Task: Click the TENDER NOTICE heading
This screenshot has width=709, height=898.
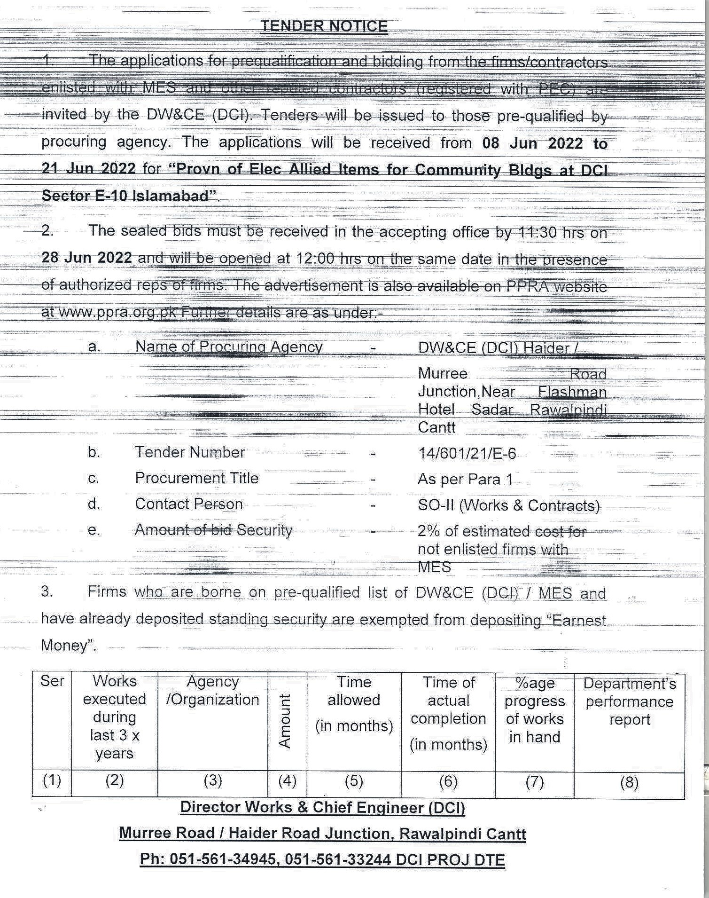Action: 324,26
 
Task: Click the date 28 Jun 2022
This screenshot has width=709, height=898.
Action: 86,258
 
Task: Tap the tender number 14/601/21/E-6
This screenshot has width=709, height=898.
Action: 467,453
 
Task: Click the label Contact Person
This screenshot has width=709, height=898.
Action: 189,504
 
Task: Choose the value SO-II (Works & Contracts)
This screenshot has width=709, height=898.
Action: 508,505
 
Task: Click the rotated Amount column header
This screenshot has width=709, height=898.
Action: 285,721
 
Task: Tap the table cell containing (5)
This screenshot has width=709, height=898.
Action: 354,781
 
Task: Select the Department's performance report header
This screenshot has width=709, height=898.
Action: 629,701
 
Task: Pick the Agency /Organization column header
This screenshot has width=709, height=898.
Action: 212,690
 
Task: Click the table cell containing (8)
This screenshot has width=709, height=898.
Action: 629,782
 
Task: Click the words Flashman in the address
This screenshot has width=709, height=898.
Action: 572,392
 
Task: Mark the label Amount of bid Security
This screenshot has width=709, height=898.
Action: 213,530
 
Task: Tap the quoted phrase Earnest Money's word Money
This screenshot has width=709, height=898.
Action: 64,645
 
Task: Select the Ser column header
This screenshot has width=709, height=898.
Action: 52,681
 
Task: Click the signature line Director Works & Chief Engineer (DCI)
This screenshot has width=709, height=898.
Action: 322,807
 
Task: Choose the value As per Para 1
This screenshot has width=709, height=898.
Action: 465,479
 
